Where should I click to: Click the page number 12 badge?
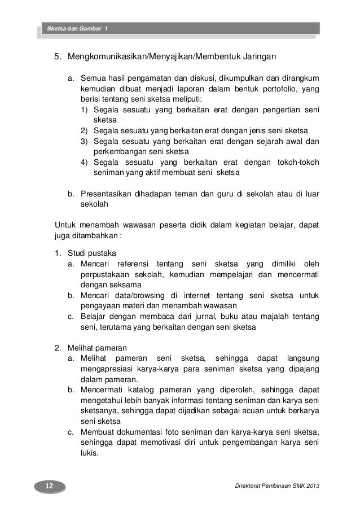point(48,485)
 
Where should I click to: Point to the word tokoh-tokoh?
point(297,163)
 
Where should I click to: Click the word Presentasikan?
point(106,195)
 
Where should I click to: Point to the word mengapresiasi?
point(106,369)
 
